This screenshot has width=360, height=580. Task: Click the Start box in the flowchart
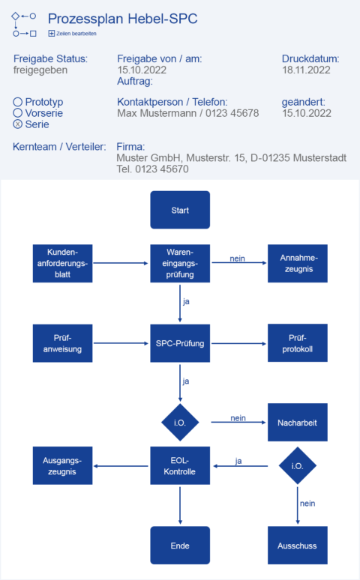[x=180, y=210]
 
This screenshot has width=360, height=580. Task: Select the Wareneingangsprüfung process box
[x=180, y=263]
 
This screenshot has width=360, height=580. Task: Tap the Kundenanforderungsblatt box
[x=62, y=263]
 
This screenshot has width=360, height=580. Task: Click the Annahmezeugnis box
[x=298, y=263]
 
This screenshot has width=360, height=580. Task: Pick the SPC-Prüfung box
[x=180, y=343]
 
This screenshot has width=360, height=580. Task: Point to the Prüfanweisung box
[x=62, y=343]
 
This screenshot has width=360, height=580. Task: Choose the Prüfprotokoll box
[x=298, y=343]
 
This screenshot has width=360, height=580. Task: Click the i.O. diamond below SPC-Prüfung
[x=180, y=423]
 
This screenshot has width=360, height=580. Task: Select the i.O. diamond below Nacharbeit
[x=298, y=466]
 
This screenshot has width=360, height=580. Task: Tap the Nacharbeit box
[x=298, y=423]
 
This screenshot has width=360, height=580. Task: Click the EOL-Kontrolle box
[x=180, y=466]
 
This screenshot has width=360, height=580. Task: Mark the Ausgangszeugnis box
[x=62, y=466]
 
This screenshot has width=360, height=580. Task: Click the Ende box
[x=180, y=545]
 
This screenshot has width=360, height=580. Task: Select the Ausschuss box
[x=298, y=545]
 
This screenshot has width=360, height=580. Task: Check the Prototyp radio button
[x=18, y=102]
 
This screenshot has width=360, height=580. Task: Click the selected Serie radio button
[x=18, y=124]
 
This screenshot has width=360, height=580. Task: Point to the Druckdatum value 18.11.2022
[x=306, y=70]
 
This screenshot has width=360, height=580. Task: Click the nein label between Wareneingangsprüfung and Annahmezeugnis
[x=238, y=258]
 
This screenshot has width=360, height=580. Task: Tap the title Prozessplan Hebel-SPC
[x=122, y=19]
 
